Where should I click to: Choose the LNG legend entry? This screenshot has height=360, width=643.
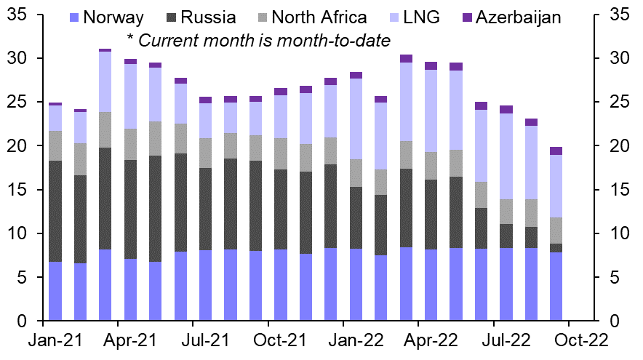[415, 17]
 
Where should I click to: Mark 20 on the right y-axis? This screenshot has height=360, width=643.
[618, 146]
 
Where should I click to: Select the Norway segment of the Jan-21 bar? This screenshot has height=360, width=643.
[55, 291]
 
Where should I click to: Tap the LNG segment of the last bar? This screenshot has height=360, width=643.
[556, 186]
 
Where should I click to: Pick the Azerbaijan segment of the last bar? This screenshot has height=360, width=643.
[556, 151]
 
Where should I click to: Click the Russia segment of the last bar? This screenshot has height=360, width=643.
[556, 248]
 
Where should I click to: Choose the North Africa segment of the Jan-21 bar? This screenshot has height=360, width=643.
[55, 145]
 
